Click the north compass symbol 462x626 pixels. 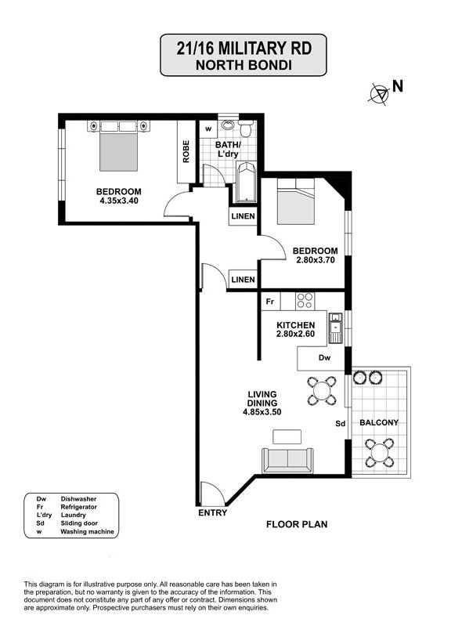[x=379, y=94]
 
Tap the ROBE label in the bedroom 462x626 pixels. [x=186, y=151]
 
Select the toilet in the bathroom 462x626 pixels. [x=246, y=128]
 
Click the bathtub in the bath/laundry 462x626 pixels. [x=246, y=183]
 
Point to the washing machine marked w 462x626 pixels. [x=208, y=129]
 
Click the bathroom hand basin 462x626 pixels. [x=228, y=125]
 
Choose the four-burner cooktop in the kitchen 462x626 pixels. [x=305, y=301]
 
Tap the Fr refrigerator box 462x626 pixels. [x=270, y=302]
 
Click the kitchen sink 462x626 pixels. [x=335, y=328]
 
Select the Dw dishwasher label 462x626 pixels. [x=325, y=358]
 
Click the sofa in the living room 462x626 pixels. [x=287, y=461]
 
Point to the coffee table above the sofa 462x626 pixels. [x=287, y=436]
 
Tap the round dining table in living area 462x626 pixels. [x=322, y=390]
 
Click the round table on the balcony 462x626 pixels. [x=380, y=453]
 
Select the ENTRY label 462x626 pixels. [x=213, y=513]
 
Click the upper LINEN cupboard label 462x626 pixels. [x=243, y=216]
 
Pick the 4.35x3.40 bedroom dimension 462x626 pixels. [x=119, y=201]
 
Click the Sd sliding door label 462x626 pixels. [x=341, y=424]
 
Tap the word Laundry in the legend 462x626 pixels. [x=74, y=515]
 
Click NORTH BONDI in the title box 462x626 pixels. [x=244, y=65]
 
